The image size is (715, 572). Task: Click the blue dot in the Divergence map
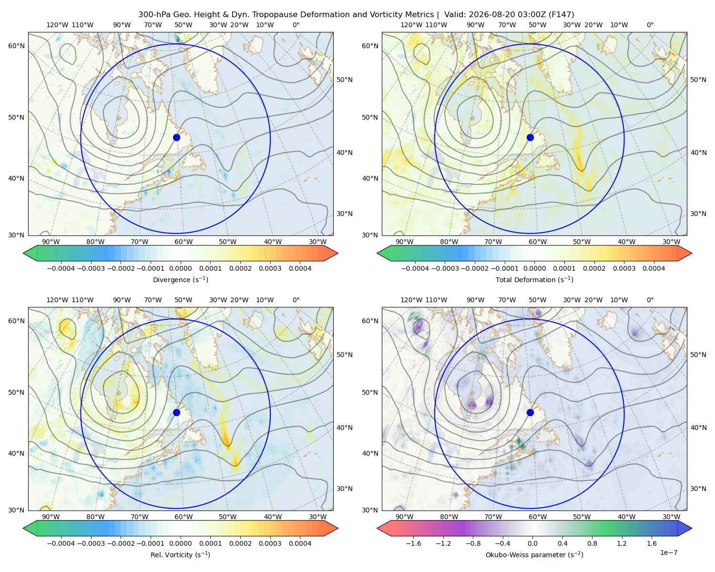pyautogui.click(x=176, y=137)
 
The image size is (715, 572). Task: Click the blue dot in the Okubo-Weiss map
pyautogui.click(x=530, y=412)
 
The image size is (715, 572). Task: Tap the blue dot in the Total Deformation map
pyautogui.click(x=530, y=137)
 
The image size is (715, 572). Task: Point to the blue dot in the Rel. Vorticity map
pyautogui.click(x=176, y=412)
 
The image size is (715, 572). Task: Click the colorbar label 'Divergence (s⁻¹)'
pyautogui.click(x=180, y=280)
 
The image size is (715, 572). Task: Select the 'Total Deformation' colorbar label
pyautogui.click(x=534, y=280)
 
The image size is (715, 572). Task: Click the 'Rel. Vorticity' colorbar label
pyautogui.click(x=180, y=555)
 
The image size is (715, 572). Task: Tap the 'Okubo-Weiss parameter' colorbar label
pyautogui.click(x=534, y=555)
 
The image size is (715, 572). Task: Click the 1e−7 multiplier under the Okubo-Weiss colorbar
pyautogui.click(x=668, y=552)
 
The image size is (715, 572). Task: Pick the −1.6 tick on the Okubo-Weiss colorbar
pyautogui.click(x=414, y=543)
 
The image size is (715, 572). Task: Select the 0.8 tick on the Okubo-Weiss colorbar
pyautogui.click(x=592, y=543)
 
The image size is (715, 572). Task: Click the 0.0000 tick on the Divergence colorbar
pyautogui.click(x=180, y=268)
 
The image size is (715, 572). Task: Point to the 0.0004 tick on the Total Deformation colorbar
pyautogui.click(x=654, y=268)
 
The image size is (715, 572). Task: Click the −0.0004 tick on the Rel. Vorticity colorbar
pyautogui.click(x=61, y=543)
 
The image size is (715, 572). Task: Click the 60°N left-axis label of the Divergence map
pyautogui.click(x=16, y=46)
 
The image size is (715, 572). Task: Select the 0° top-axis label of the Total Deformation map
pyautogui.click(x=650, y=25)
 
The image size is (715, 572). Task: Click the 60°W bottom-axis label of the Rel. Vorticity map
pyautogui.click(x=184, y=517)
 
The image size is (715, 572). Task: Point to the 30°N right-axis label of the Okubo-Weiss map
pyautogui.click(x=698, y=489)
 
